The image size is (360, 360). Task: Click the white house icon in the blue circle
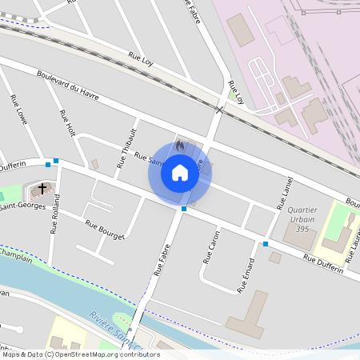179,172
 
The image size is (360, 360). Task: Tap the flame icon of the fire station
179,146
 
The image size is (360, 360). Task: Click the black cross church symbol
42,189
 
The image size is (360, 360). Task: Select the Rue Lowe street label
18,110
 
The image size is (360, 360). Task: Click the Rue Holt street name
66,122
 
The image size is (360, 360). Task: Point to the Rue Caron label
210,247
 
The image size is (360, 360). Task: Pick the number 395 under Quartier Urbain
301,230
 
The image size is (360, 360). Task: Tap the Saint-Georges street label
21,207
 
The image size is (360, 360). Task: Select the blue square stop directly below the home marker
184,209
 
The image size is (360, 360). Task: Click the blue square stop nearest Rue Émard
266,243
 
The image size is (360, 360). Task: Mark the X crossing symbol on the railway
219,109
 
